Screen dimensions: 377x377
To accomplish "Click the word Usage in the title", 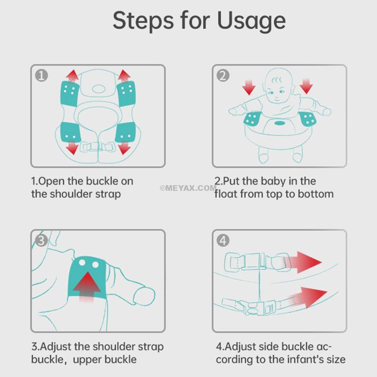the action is (x=251, y=21).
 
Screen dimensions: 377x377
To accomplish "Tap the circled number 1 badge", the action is (x=41, y=75).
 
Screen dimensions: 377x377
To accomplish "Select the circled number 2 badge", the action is (x=223, y=75).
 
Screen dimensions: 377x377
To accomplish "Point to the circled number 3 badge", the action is (x=41, y=240).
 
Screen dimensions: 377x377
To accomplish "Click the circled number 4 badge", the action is (x=223, y=240).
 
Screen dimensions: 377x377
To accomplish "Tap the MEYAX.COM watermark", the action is (x=188, y=188).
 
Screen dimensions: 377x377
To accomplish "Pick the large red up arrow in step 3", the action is (x=87, y=286).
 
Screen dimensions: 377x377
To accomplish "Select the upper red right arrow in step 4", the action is (x=303, y=262).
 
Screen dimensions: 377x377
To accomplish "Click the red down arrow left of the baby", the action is (x=249, y=87).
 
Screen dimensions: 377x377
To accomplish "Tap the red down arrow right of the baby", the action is (x=306, y=86).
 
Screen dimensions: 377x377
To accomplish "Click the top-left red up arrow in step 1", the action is (x=73, y=76).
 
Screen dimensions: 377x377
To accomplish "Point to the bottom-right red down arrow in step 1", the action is (x=124, y=148).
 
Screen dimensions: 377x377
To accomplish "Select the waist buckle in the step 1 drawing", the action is (x=98, y=147).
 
